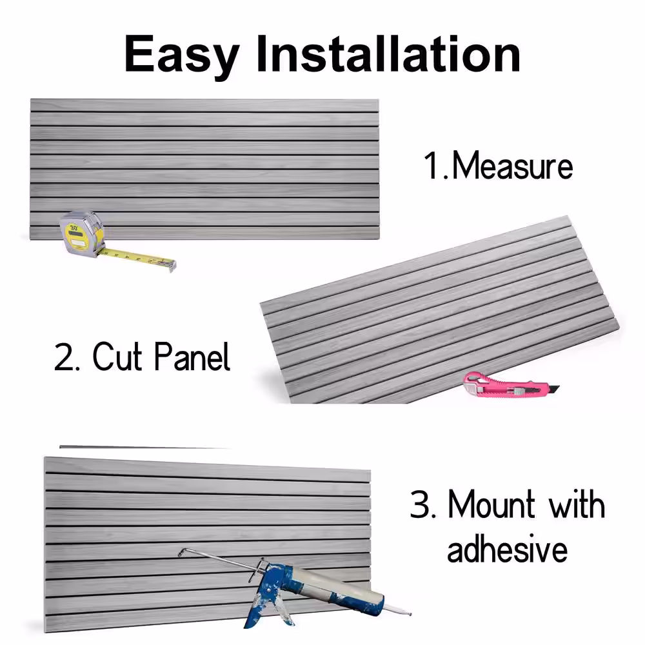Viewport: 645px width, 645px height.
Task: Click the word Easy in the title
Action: click(x=181, y=55)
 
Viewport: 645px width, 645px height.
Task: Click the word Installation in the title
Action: click(x=388, y=54)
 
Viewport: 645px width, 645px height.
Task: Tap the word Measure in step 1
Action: click(x=512, y=166)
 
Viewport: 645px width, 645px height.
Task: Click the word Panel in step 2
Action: click(x=192, y=356)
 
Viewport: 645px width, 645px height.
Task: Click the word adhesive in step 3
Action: click(x=507, y=548)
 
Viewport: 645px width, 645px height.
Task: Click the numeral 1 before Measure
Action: click(x=432, y=166)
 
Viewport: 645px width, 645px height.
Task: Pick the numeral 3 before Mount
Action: click(x=420, y=504)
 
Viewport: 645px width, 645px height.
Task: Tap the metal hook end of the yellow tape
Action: click(x=172, y=265)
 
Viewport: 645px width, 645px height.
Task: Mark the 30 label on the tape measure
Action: click(x=74, y=227)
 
